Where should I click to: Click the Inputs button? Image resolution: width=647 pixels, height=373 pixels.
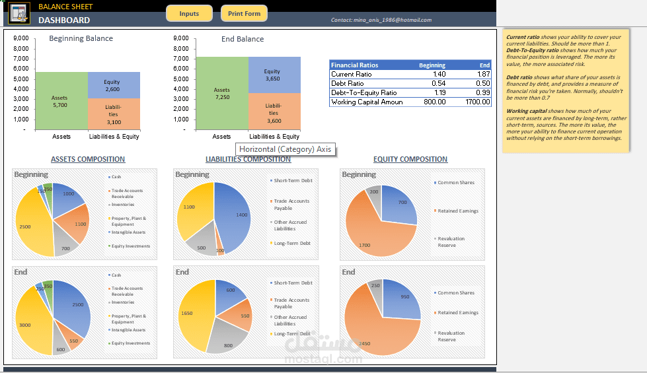point(189,13)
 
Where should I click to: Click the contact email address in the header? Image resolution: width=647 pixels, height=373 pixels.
point(381,20)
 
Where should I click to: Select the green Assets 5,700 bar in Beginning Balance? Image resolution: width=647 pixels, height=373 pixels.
point(61,101)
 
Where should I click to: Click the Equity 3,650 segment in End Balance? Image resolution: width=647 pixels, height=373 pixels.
point(272,75)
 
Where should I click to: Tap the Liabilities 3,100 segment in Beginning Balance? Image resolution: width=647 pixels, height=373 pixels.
point(113,114)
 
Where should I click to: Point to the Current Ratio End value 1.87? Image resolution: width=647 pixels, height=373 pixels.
point(483,75)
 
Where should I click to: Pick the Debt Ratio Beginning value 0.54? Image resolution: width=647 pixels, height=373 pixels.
point(438,84)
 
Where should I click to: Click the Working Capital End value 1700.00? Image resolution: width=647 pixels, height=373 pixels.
point(477,102)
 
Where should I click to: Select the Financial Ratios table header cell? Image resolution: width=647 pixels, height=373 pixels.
point(355,65)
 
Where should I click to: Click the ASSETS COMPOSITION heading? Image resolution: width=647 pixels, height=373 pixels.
point(88,159)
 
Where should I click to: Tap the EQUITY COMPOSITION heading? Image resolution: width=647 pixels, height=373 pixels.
point(410,159)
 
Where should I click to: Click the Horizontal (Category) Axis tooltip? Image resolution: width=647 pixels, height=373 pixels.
point(285,149)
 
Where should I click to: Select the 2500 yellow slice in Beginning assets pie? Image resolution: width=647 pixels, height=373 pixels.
point(28,224)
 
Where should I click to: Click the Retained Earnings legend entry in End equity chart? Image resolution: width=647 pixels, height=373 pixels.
point(457,313)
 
